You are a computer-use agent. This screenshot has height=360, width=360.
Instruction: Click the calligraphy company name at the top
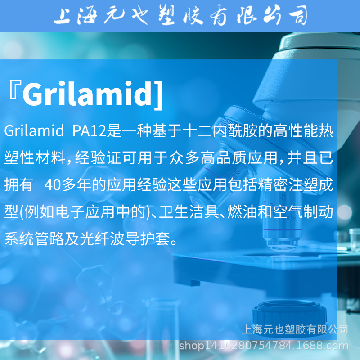pyautogui.click(x=180, y=16)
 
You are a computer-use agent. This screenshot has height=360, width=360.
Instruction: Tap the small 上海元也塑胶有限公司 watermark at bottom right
pyautogui.click(x=295, y=329)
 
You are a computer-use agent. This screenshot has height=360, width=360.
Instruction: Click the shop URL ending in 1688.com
pyautogui.click(x=264, y=346)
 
